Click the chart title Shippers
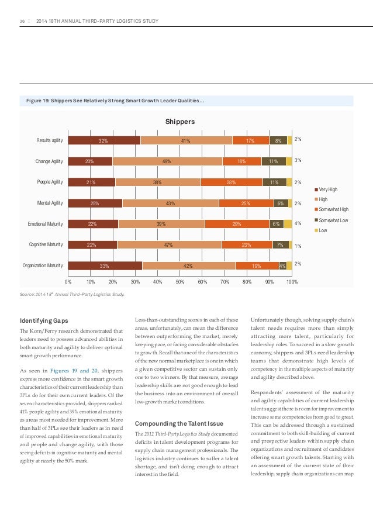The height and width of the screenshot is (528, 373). pyautogui.click(x=180, y=122)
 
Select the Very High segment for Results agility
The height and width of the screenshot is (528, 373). pyautogui.click(x=104, y=140)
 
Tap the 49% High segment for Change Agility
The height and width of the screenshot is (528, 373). pyautogui.click(x=167, y=161)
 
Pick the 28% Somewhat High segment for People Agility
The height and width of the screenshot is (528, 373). pyautogui.click(x=232, y=182)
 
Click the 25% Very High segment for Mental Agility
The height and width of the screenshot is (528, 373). pyautogui.click(x=95, y=203)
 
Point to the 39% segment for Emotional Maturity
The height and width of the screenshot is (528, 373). pyautogui.click(x=161, y=224)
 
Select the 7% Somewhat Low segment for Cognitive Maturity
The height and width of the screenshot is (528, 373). pyautogui.click(x=280, y=245)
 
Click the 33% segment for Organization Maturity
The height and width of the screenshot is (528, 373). pyautogui.click(x=105, y=265)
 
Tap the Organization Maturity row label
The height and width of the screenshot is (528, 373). pyautogui.click(x=42, y=265)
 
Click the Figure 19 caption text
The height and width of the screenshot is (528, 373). pyautogui.click(x=115, y=101)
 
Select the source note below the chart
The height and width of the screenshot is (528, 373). pyautogui.click(x=72, y=294)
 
